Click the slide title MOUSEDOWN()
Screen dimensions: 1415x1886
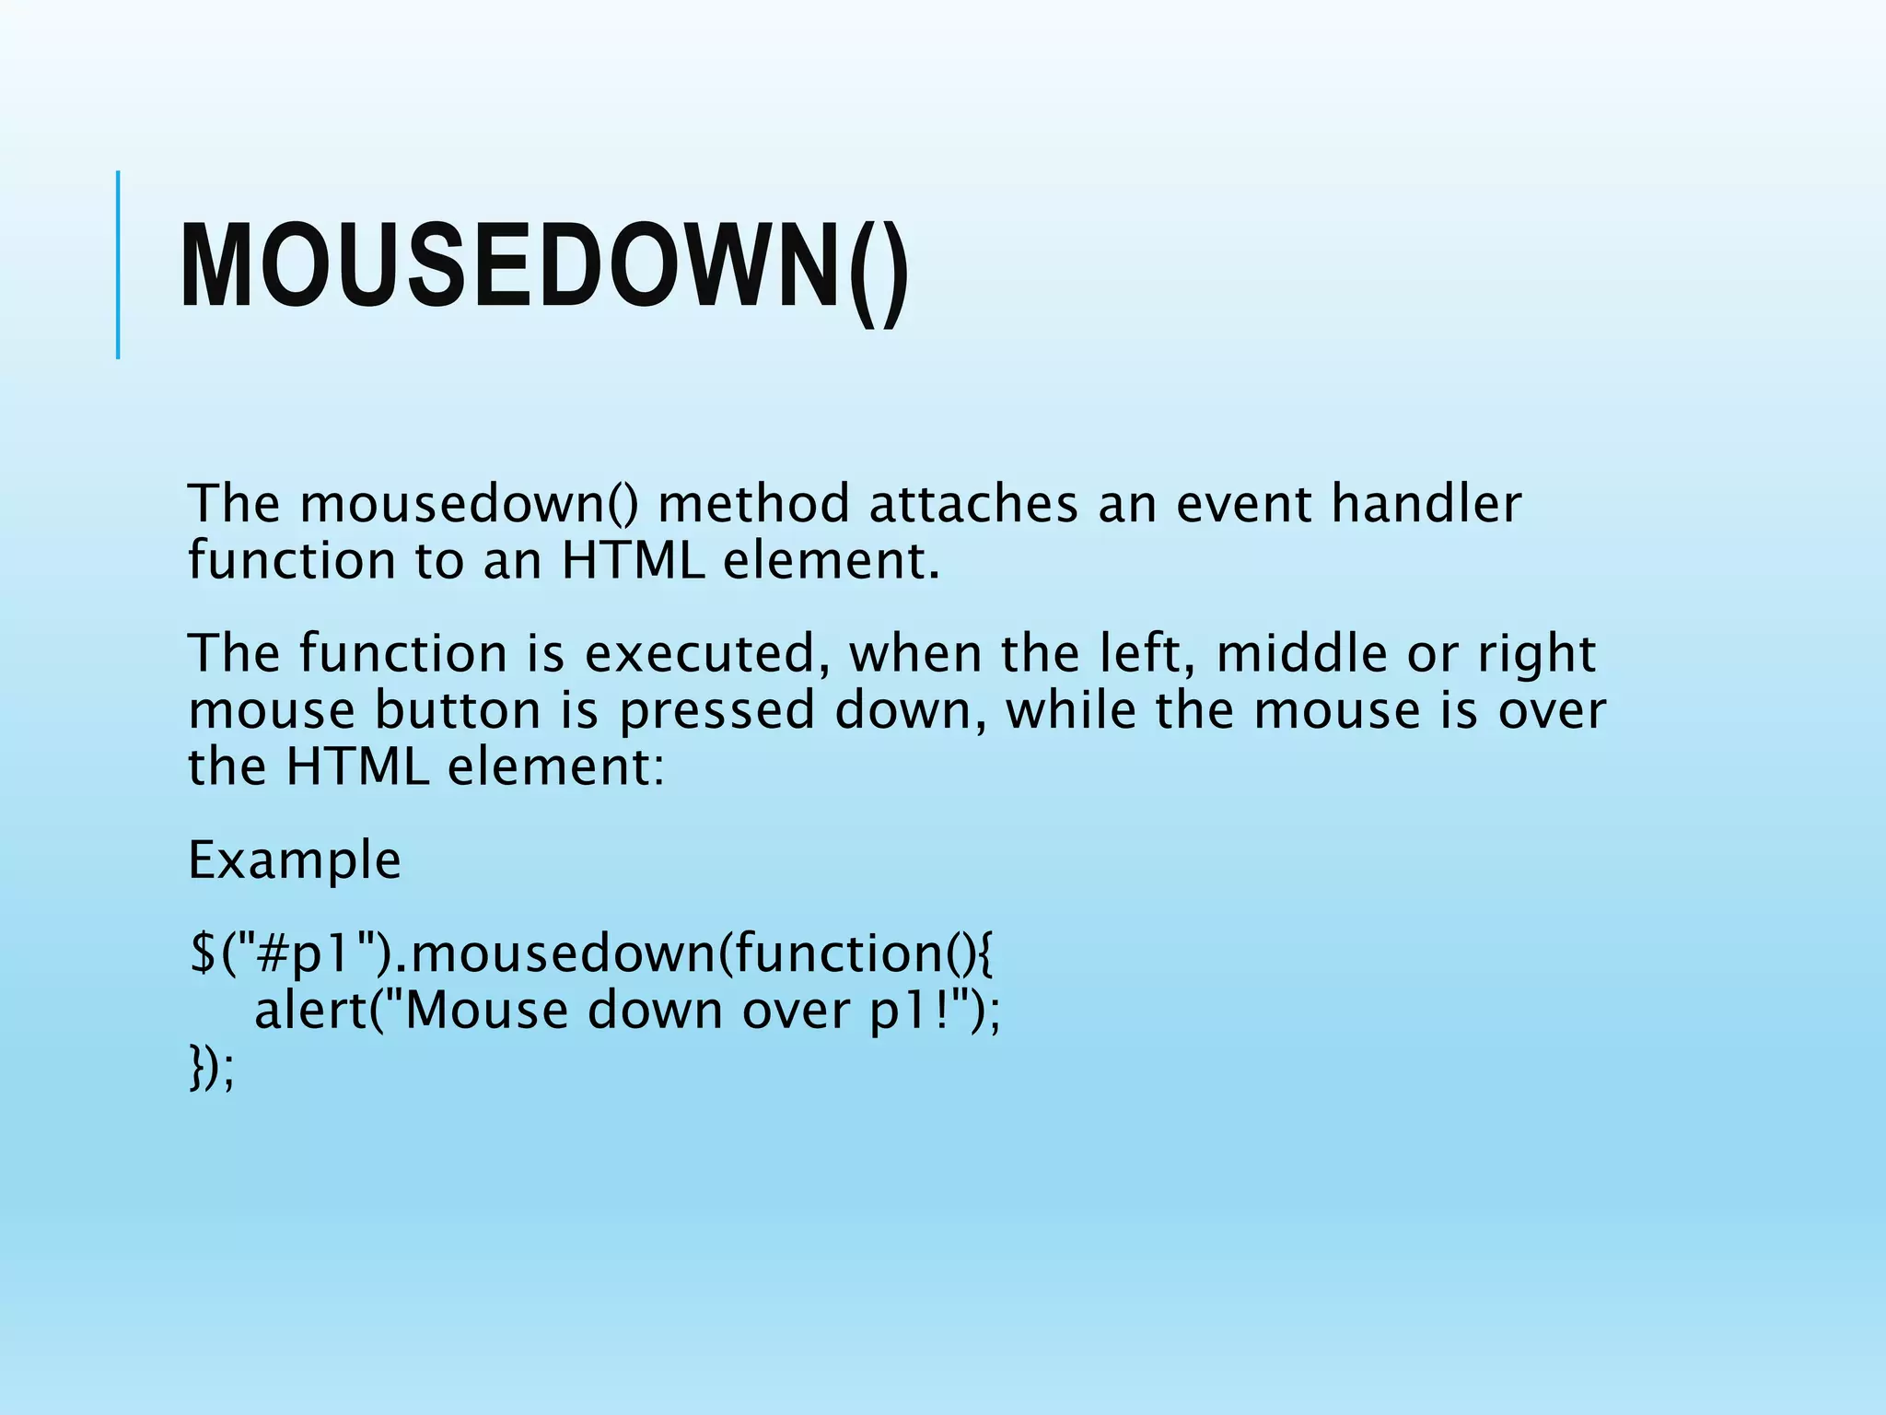[x=543, y=267]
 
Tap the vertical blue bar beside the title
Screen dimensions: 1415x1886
[x=118, y=264]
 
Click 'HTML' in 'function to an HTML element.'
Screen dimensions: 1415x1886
[x=633, y=561]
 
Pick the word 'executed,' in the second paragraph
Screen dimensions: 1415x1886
[x=701, y=654]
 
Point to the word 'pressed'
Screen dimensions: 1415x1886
[x=716, y=712]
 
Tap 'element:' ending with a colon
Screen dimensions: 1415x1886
[x=555, y=766]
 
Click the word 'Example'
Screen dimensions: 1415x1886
[x=295, y=862]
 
